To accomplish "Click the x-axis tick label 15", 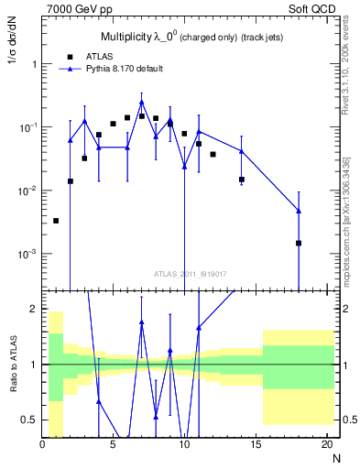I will click(x=256, y=444).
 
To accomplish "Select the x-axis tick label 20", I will click(x=326, y=444).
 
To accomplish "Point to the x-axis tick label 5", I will click(x=114, y=444).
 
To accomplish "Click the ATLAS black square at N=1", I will click(x=56, y=221).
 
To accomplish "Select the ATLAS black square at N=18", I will click(x=299, y=243).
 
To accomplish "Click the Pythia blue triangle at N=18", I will click(x=299, y=211).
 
